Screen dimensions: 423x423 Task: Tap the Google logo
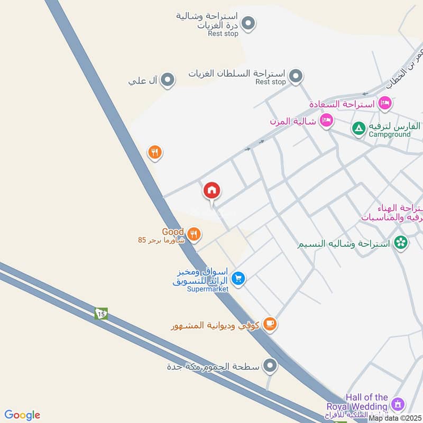(22, 415)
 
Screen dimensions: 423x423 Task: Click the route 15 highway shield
(101, 314)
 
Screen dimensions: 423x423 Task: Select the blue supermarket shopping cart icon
(238, 278)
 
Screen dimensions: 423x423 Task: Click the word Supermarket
(207, 289)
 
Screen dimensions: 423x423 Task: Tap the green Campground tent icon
(358, 127)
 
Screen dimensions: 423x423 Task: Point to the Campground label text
(390, 135)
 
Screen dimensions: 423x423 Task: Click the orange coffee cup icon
(270, 324)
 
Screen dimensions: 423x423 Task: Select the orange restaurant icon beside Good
(194, 233)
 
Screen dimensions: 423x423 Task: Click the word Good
(173, 232)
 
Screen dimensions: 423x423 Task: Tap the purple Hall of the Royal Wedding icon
(398, 404)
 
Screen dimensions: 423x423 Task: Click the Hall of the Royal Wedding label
(367, 402)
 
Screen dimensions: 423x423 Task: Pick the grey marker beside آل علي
(168, 80)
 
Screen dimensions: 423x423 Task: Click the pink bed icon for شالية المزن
(326, 121)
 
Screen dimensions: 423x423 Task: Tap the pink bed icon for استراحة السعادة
(385, 102)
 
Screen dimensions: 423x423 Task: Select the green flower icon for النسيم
(401, 243)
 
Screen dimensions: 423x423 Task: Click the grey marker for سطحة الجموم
(270, 365)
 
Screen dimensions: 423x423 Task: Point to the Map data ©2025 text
(395, 418)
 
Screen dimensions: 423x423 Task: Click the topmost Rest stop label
(224, 33)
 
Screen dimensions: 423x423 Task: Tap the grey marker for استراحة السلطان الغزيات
(296, 76)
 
